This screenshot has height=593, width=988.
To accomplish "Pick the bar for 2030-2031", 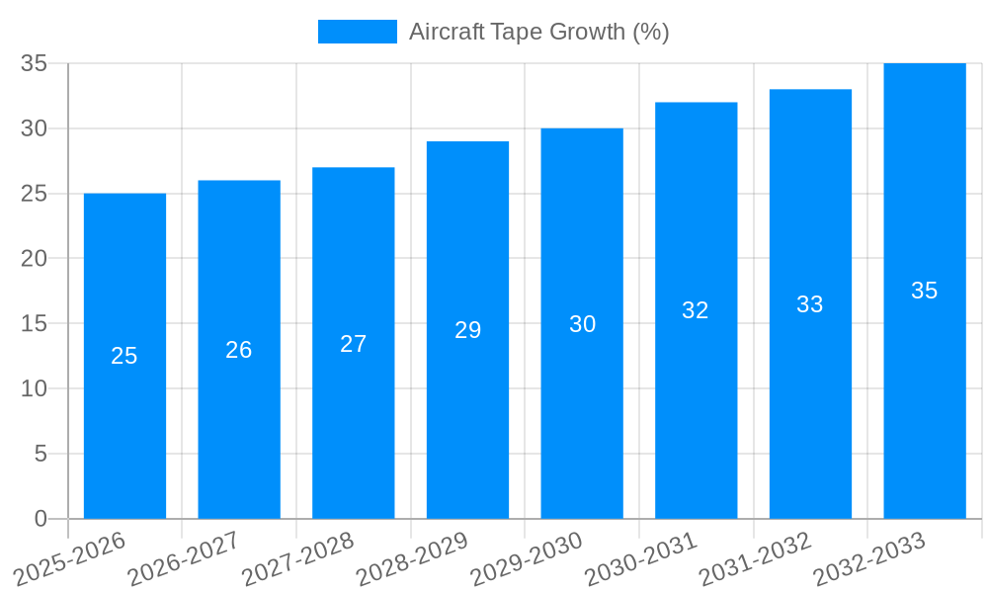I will (x=696, y=415).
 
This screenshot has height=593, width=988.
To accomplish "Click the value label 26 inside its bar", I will (x=239, y=350).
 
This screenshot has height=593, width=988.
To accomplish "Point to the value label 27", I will (x=354, y=344).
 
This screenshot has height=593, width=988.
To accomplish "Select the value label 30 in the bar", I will (x=582, y=324).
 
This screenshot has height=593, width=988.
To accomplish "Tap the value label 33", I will (x=810, y=304).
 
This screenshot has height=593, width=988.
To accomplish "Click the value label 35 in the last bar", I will (x=925, y=291).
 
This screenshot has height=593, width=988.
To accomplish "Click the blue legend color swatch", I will (x=357, y=32).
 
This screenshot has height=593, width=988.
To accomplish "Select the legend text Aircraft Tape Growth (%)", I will (x=538, y=32).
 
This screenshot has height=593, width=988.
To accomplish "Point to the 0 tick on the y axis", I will (x=41, y=519).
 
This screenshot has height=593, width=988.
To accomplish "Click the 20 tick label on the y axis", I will (x=34, y=259).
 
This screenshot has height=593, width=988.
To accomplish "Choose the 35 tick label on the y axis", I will (x=34, y=63).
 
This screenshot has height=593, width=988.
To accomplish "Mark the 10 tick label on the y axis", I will (x=34, y=388).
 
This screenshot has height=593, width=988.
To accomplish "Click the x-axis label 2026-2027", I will (x=185, y=558).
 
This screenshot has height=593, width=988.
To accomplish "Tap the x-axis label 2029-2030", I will (x=528, y=558).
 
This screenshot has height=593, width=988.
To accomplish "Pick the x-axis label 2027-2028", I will (x=299, y=558).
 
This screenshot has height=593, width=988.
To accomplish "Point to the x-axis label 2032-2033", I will (x=870, y=558).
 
